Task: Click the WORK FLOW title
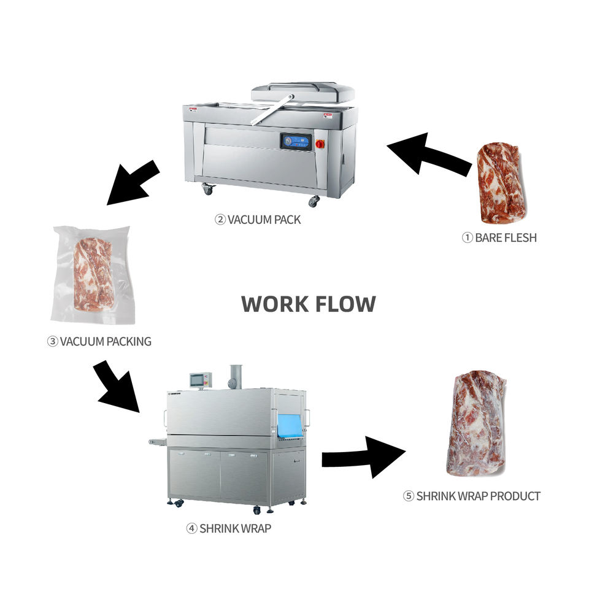tap(308, 304)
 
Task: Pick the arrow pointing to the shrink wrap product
tap(363, 456)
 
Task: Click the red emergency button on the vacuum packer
tap(320, 144)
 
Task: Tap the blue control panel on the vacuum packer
tap(296, 142)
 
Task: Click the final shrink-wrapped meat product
tap(475, 423)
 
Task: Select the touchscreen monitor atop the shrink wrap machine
tap(200, 380)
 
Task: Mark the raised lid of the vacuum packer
tap(302, 93)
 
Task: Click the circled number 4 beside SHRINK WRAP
tap(191, 528)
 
